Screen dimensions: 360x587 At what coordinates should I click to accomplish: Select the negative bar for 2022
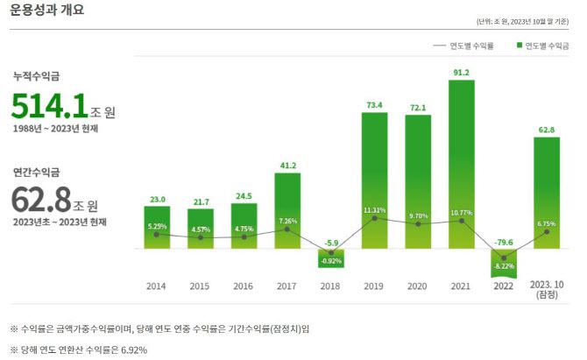pos(505,263)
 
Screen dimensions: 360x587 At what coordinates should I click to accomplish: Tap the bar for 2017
pos(287,210)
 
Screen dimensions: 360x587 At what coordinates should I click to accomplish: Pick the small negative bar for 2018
pos(331,258)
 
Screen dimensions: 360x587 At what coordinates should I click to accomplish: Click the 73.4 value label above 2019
pos(374,104)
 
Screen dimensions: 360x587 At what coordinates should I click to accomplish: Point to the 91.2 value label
pos(461,72)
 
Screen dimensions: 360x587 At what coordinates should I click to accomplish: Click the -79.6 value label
pos(503,242)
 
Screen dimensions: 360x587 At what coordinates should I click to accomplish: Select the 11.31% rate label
pos(374,210)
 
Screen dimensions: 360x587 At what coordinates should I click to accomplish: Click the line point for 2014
pos(157,234)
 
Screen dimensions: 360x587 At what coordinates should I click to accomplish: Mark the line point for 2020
pos(418,224)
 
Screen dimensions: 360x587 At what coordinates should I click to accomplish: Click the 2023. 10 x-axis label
pos(548,289)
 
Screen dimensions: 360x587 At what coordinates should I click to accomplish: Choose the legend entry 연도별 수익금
pos(548,45)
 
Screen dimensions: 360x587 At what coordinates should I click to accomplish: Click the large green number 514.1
pos(49,107)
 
